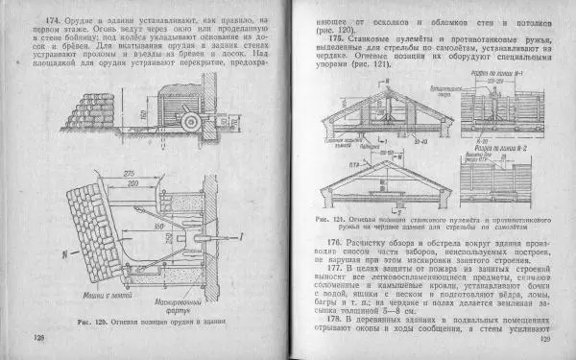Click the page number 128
click(x=39, y=339)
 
